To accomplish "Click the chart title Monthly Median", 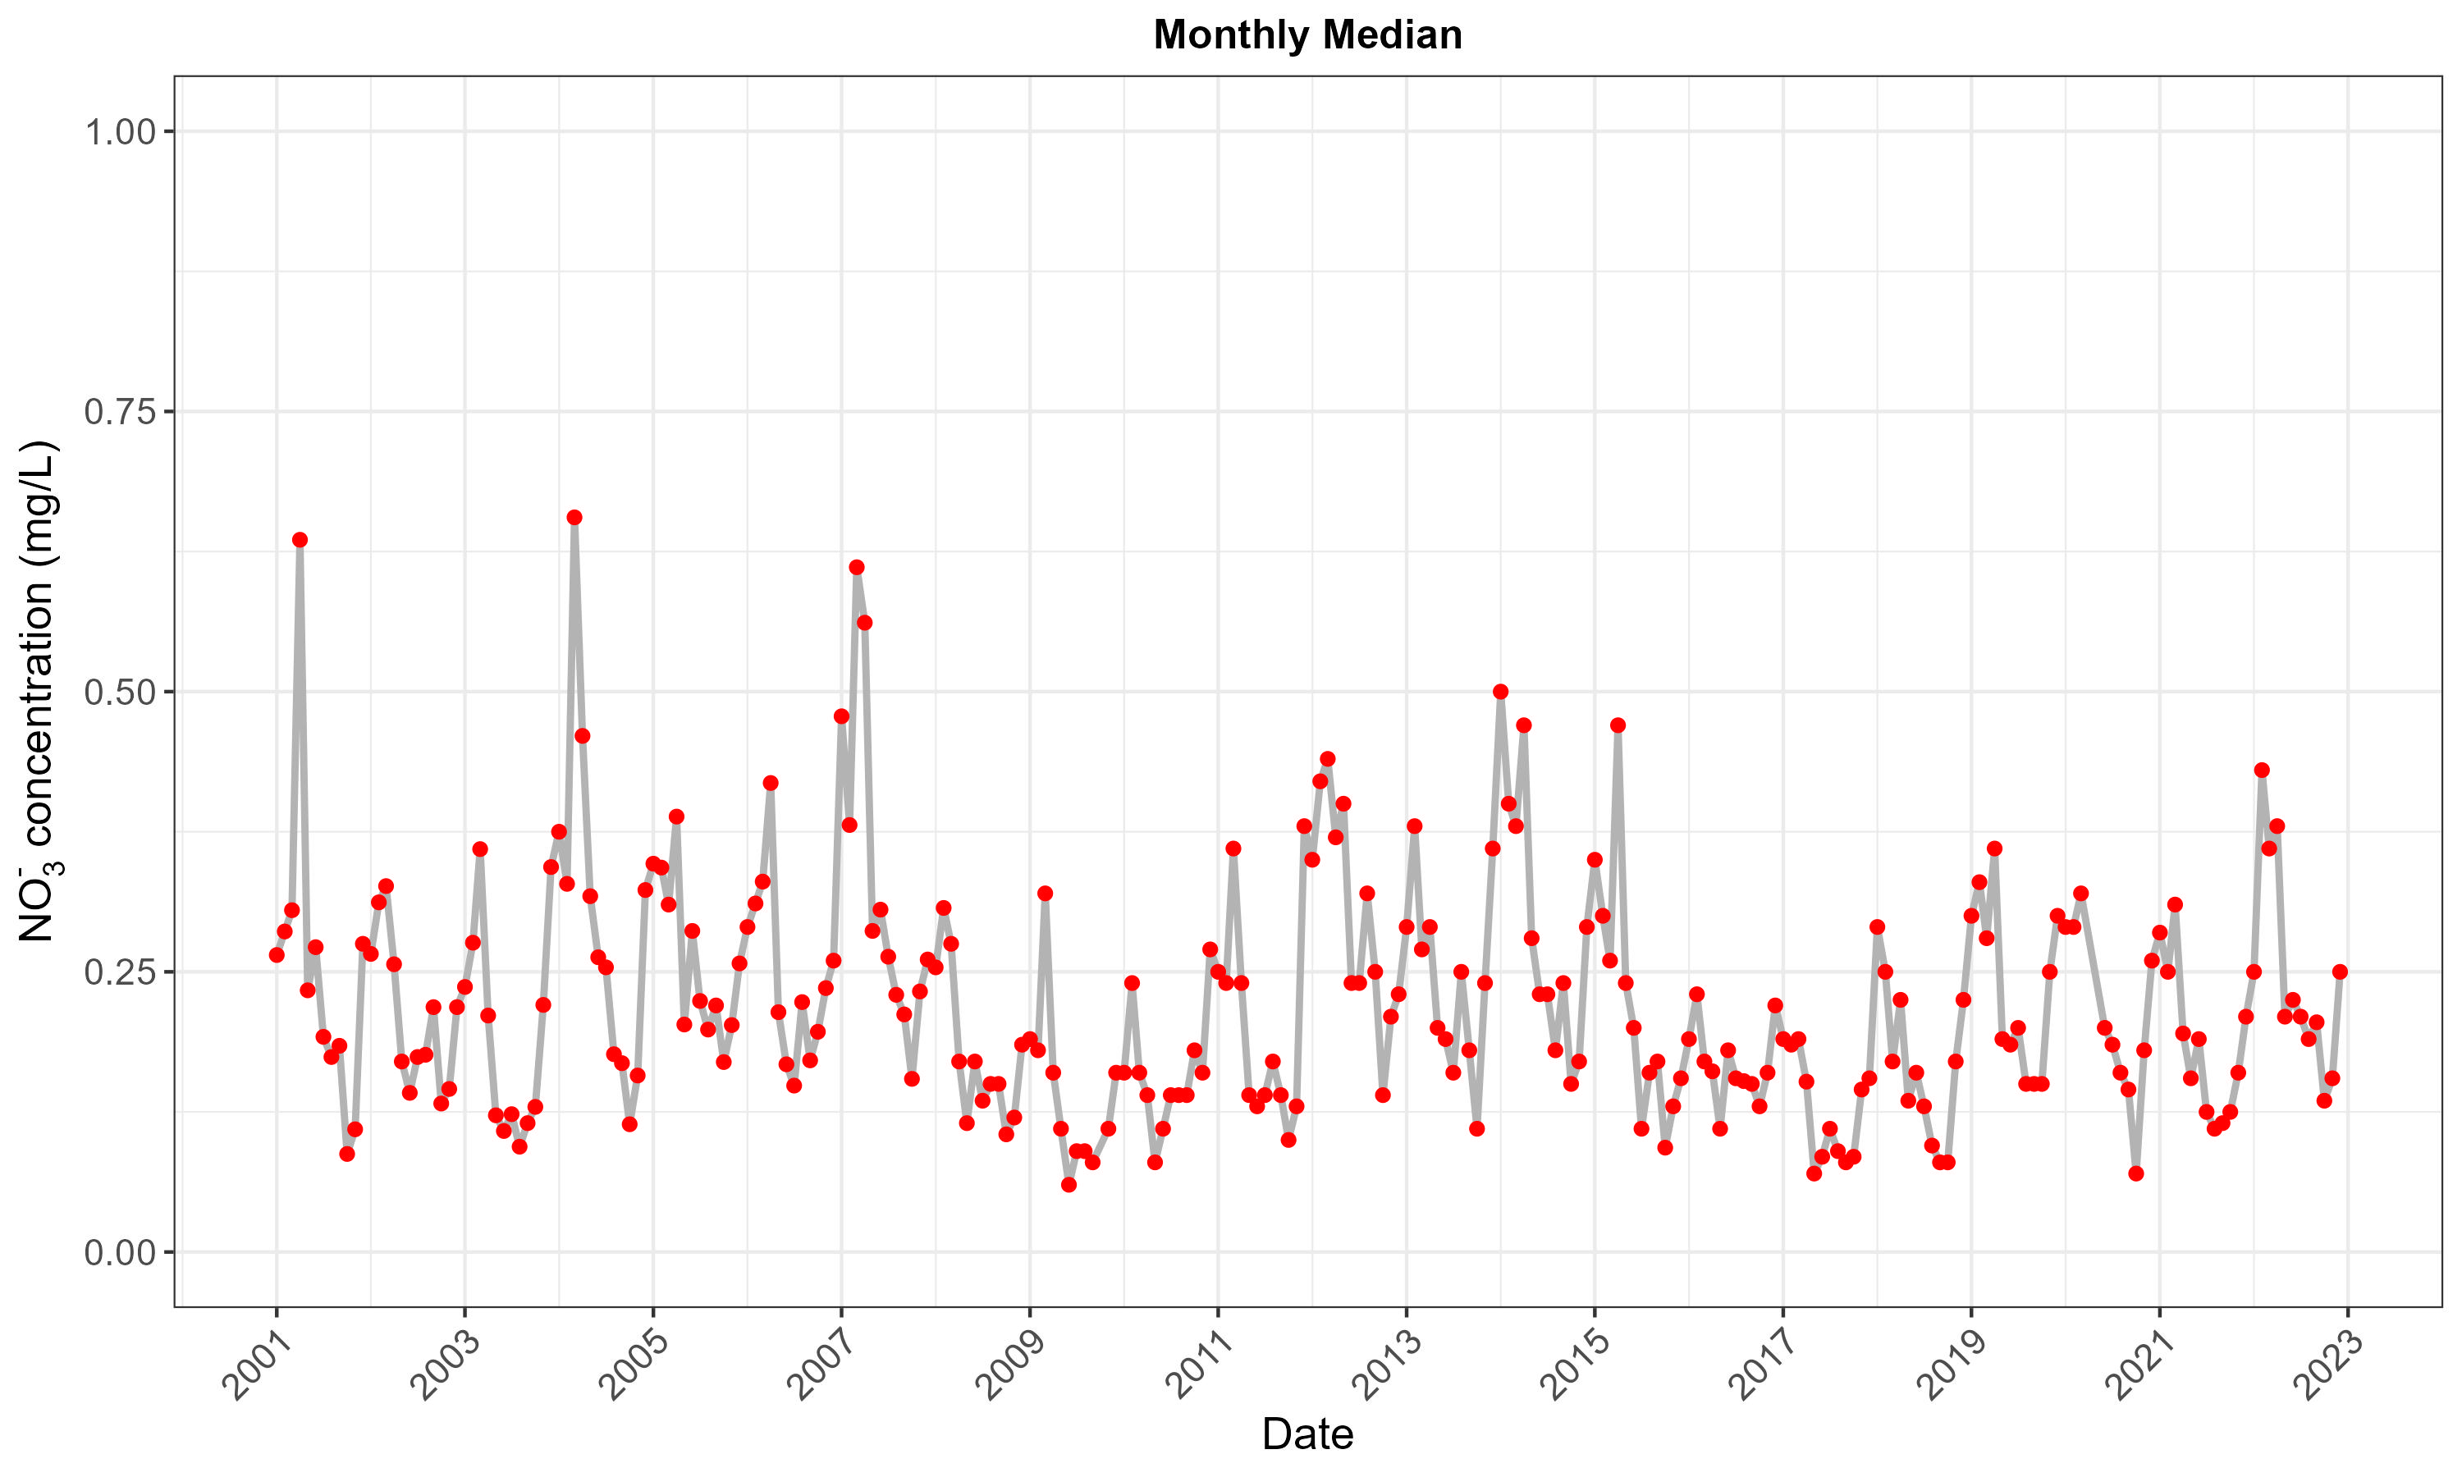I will point(1307,36).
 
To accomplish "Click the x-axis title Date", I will point(1307,1434).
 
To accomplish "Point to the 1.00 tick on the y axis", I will point(121,132).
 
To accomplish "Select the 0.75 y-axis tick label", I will point(121,412).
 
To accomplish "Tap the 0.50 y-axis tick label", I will point(121,692).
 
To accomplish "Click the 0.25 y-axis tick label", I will point(121,972).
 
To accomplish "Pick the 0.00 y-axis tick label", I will point(121,1252).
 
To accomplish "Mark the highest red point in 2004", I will point(574,518).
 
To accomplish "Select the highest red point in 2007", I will point(857,567).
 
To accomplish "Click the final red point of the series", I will point(2340,972).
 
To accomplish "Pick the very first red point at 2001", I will point(277,954).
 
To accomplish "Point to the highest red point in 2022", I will point(2261,771).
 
